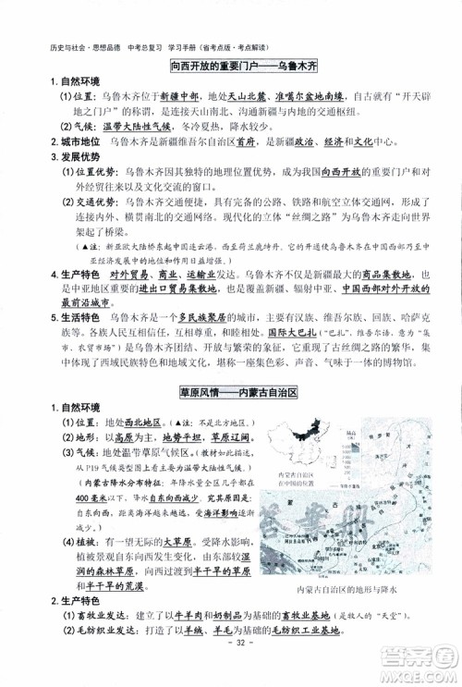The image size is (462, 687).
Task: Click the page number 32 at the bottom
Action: pyautogui.click(x=231, y=669)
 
